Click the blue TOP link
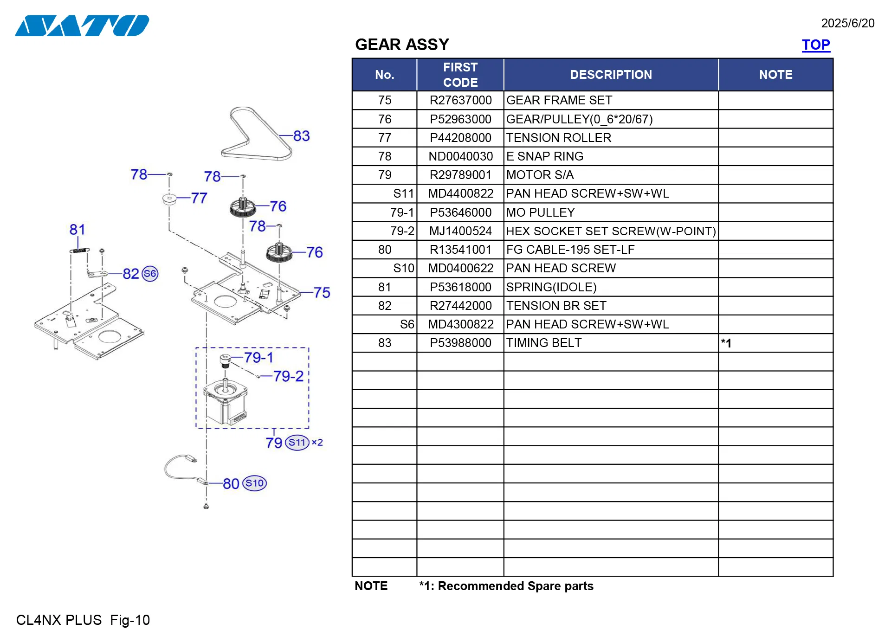point(815,45)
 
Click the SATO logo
point(82,26)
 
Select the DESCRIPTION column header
point(610,75)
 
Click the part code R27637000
point(460,100)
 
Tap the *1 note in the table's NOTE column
point(726,343)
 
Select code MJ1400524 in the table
point(460,231)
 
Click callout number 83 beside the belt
point(301,136)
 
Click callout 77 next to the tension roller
point(199,198)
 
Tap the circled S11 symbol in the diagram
point(297,443)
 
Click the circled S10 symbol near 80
point(254,483)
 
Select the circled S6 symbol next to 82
point(150,274)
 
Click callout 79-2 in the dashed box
point(288,376)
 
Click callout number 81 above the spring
point(77,230)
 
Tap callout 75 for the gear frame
point(322,293)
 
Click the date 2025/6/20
point(847,23)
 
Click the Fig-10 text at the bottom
point(130,620)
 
